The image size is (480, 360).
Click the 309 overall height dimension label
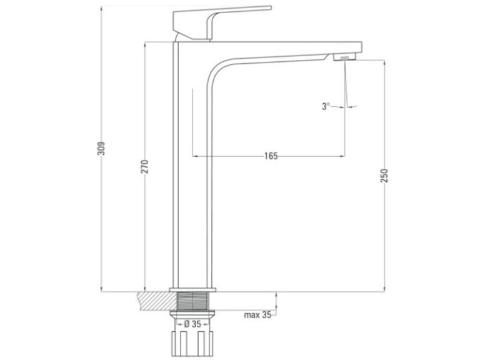click(x=101, y=148)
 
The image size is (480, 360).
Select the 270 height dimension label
click(x=144, y=166)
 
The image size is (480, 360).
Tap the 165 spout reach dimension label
click(x=271, y=156)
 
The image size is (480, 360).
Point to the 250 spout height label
click(x=384, y=176)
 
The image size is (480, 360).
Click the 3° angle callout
click(x=326, y=106)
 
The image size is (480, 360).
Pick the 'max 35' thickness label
click(x=257, y=315)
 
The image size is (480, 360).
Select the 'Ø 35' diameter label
click(x=192, y=324)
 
